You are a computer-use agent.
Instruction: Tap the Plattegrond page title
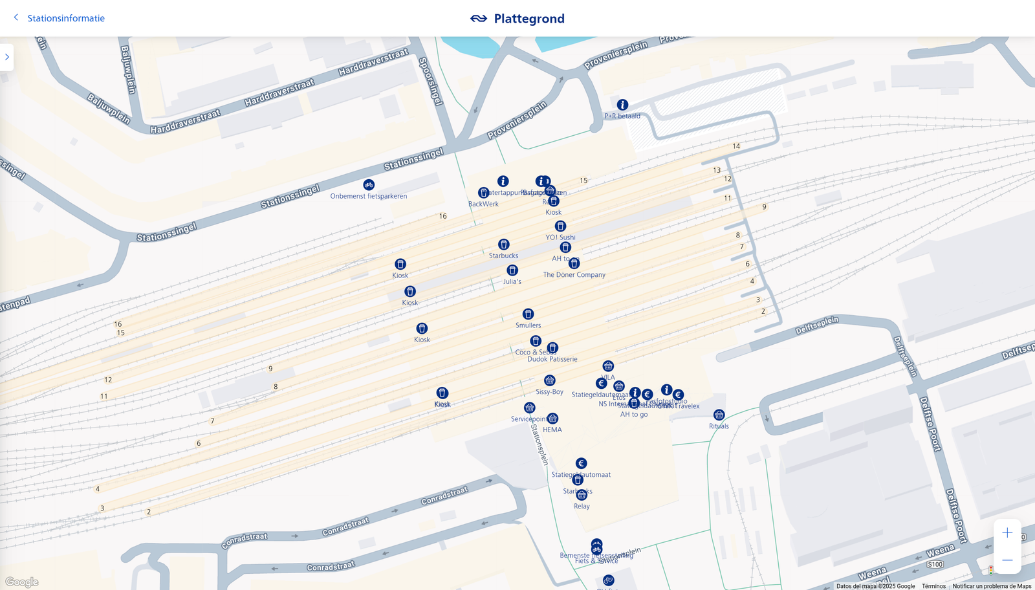pyautogui.click(x=528, y=19)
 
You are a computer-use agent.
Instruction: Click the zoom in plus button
pyautogui.click(x=1007, y=533)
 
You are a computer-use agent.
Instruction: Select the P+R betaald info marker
pyautogui.click(x=622, y=105)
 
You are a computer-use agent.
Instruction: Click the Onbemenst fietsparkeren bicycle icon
pyautogui.click(x=369, y=185)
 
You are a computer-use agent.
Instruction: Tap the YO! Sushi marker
pyautogui.click(x=560, y=226)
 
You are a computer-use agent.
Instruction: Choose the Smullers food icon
pyautogui.click(x=528, y=314)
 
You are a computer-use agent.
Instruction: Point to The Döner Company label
pyautogui.click(x=574, y=275)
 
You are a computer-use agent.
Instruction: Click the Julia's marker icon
pyautogui.click(x=512, y=270)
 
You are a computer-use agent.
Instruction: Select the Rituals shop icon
pyautogui.click(x=719, y=415)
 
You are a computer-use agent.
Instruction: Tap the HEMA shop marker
pyautogui.click(x=552, y=419)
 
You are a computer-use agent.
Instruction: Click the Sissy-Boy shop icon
pyautogui.click(x=550, y=380)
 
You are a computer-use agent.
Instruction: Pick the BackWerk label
pyautogui.click(x=483, y=204)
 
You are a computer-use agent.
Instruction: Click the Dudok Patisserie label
pyautogui.click(x=552, y=360)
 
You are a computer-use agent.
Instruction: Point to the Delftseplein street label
pyautogui.click(x=817, y=325)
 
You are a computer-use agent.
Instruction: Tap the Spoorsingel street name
pyautogui.click(x=431, y=81)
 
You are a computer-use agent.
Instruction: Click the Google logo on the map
pyautogui.click(x=22, y=582)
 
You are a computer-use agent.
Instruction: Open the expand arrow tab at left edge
pyautogui.click(x=7, y=57)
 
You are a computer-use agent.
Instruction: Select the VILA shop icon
pyautogui.click(x=608, y=366)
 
